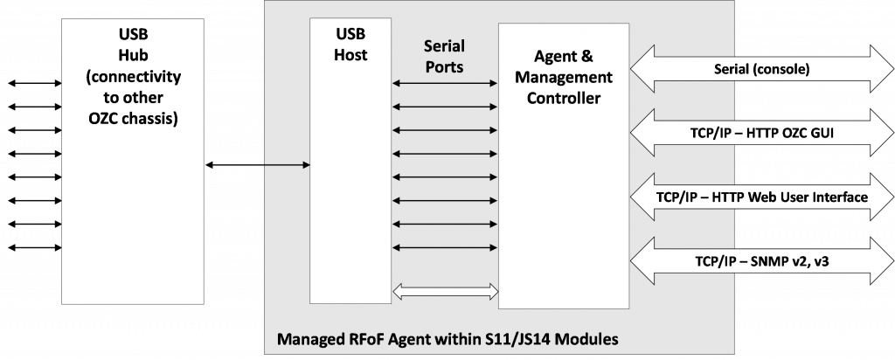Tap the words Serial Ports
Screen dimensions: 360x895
click(x=444, y=56)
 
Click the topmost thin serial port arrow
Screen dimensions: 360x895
click(x=445, y=84)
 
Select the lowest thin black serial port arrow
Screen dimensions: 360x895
click(x=445, y=247)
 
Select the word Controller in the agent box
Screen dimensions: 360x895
click(x=565, y=98)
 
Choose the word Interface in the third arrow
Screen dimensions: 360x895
click(x=837, y=197)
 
